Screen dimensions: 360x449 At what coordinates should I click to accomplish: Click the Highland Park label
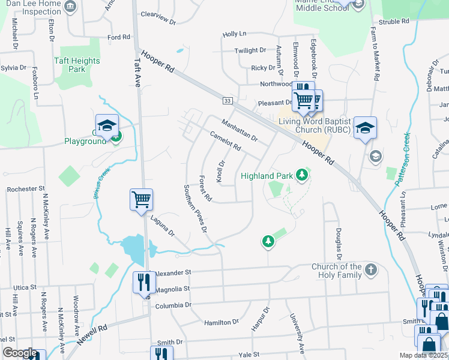pos(266,176)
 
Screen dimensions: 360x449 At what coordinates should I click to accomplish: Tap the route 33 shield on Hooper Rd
pos(227,101)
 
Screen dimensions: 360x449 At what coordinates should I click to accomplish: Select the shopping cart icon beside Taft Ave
pos(142,199)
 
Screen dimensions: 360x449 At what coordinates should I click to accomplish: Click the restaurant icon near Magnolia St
pos(143,281)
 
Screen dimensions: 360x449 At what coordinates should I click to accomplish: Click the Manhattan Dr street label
pos(239,130)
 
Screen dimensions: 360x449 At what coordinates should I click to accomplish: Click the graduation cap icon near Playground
pos(107,125)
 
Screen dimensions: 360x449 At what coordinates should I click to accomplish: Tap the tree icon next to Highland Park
pos(303,175)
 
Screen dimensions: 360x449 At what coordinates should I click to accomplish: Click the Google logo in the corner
pos(20,353)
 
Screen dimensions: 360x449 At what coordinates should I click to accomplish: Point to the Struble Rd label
pos(394,22)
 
